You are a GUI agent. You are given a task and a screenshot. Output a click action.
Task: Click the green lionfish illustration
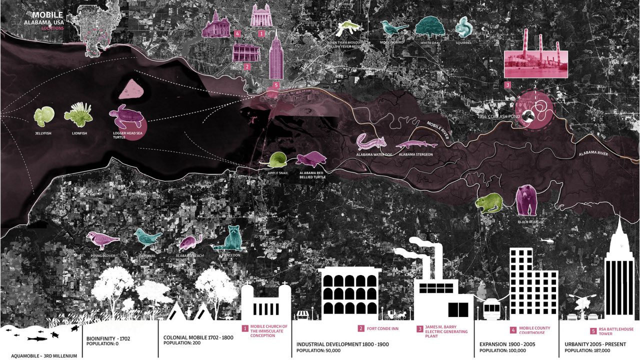78,114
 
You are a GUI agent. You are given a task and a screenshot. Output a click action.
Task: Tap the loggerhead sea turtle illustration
127,116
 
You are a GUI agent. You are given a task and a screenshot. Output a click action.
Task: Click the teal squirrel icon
464,27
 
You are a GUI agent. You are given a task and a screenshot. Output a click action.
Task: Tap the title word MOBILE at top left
47,15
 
